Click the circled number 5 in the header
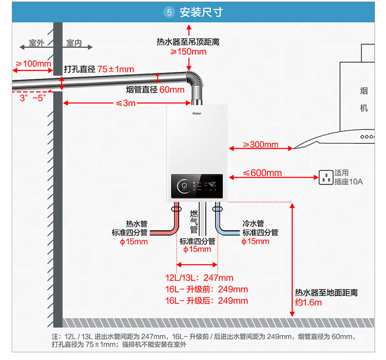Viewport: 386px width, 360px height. [169, 12]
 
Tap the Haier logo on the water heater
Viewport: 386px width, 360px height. [197, 113]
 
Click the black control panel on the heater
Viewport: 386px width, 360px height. [197, 186]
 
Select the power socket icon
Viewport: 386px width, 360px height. [326, 178]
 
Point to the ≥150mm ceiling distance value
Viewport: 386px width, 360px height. [189, 52]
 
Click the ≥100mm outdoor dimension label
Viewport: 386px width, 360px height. [33, 64]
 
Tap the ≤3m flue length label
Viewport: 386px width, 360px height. [126, 103]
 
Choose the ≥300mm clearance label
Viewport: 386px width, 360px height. [261, 144]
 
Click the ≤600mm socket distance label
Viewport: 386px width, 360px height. [262, 173]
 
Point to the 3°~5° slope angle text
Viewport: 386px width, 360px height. [33, 98]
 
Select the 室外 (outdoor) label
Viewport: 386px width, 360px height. [37, 43]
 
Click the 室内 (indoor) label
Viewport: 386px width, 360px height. [74, 43]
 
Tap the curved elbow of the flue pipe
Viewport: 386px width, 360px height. [196, 78]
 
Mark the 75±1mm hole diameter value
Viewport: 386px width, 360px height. [116, 69]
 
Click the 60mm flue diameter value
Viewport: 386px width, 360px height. [172, 90]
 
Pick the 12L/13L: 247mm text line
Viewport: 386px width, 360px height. [199, 278]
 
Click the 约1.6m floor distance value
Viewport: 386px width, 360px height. [308, 302]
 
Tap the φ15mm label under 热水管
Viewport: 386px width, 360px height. [134, 242]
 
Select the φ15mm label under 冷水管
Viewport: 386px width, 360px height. [255, 241]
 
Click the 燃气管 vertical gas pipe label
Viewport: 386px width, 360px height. [194, 222]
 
